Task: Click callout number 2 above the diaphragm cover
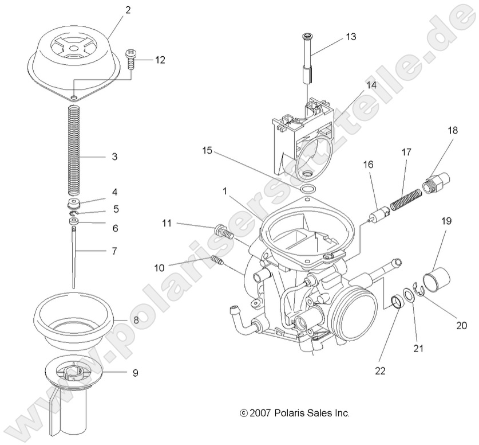128,10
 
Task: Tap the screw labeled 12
130,58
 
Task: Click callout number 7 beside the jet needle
114,251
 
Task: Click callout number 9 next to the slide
135,373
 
